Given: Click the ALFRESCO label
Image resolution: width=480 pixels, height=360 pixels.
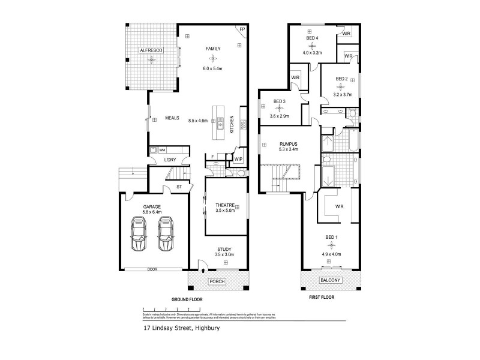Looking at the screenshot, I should click(151, 52).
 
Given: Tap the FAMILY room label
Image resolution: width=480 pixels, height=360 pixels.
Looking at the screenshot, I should click(212, 49).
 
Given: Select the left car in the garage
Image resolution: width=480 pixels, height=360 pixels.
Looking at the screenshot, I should click(139, 235).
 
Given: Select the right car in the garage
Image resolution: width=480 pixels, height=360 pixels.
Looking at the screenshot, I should click(166, 235).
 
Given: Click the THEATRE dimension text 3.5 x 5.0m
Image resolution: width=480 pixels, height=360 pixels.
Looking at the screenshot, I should click(226, 211).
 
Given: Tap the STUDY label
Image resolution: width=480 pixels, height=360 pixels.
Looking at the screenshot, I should click(223, 250).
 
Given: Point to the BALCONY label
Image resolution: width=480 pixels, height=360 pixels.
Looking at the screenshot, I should click(330, 280).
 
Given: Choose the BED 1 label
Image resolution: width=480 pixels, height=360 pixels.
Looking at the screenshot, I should click(331, 237).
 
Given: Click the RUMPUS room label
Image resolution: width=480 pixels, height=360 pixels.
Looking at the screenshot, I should click(289, 144).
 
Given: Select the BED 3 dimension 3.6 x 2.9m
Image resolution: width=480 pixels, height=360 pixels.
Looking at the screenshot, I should click(280, 116).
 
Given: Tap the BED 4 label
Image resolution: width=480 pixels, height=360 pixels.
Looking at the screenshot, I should click(312, 38).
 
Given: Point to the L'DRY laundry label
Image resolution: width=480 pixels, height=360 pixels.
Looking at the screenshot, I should click(170, 160).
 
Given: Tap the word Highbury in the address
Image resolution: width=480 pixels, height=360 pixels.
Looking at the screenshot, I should click(205, 328).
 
